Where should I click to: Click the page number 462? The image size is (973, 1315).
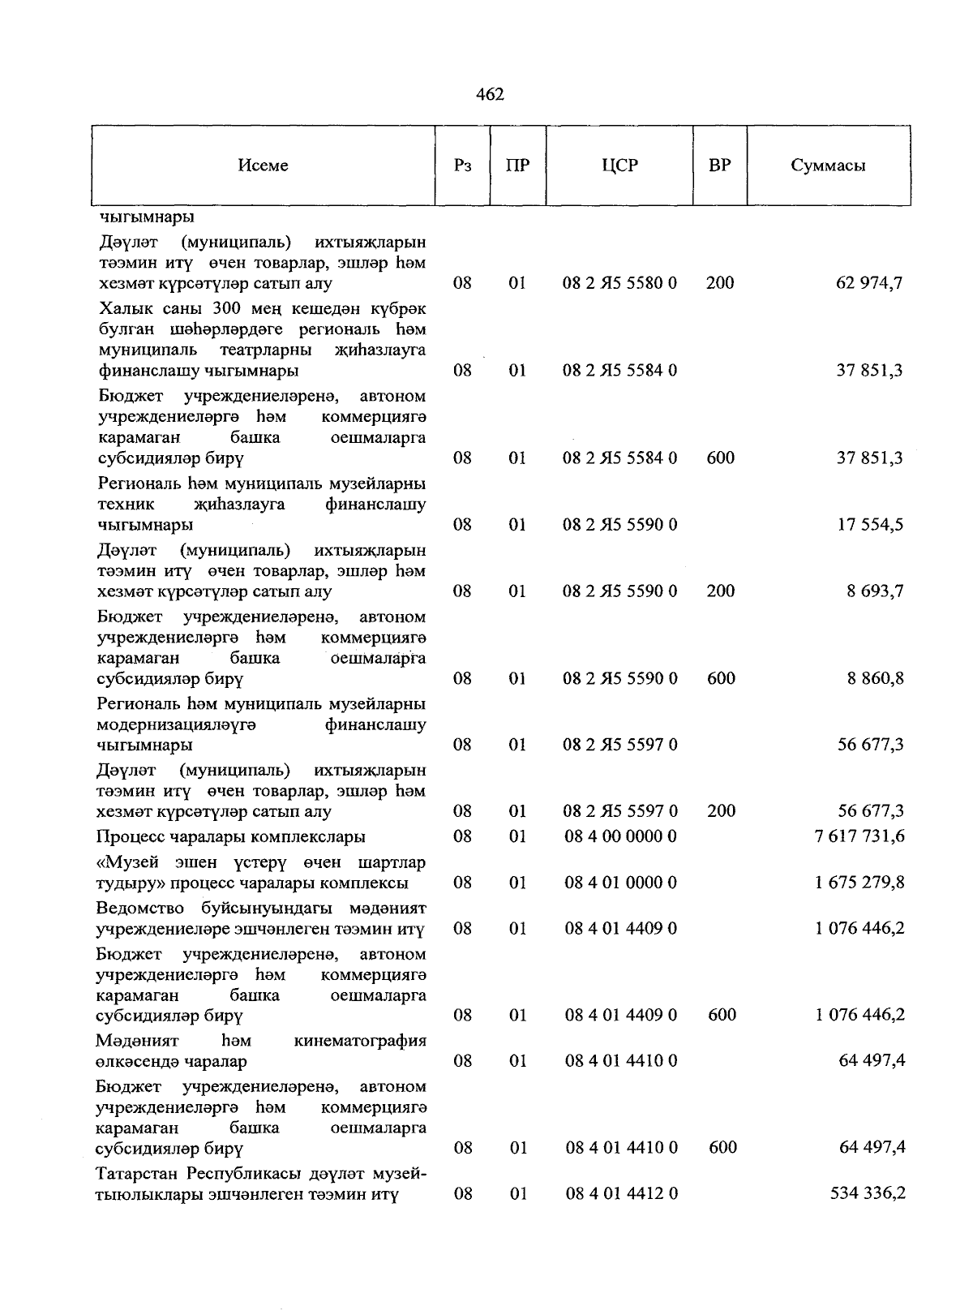pyautogui.click(x=490, y=95)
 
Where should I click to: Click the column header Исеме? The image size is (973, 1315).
pyautogui.click(x=264, y=165)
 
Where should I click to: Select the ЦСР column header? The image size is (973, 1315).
pyautogui.click(x=620, y=165)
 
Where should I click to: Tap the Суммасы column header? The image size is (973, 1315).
pyautogui.click(x=828, y=165)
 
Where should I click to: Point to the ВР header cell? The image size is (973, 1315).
pyautogui.click(x=719, y=165)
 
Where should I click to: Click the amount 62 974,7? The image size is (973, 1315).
pyautogui.click(x=869, y=283)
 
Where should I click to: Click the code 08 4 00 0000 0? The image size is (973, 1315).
pyautogui.click(x=620, y=836)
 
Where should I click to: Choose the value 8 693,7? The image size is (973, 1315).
pyautogui.click(x=875, y=591)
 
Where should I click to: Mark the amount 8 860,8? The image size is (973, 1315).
pyautogui.click(x=875, y=678)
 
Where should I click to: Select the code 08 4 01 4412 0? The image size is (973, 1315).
pyautogui.click(x=620, y=1194)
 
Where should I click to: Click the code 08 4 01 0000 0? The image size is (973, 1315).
pyautogui.click(x=620, y=883)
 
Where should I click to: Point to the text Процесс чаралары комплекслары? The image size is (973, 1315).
pyautogui.click(x=231, y=836)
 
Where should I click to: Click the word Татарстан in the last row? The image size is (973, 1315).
pyautogui.click(x=137, y=1174)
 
